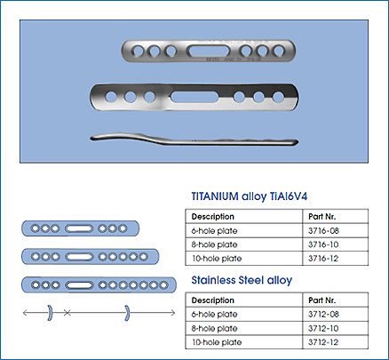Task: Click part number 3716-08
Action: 323,231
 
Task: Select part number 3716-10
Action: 323,244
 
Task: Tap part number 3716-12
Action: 323,259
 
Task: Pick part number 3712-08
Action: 323,315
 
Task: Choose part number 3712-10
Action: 323,329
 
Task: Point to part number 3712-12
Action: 323,342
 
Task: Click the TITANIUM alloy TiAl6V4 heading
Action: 250,196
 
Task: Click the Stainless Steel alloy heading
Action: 242,280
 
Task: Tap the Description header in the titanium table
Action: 212,217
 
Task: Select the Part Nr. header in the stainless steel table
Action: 322,300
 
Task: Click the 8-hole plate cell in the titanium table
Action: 214,244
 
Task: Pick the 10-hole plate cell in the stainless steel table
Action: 217,342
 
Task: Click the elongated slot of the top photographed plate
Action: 209,51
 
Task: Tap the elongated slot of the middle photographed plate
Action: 194,97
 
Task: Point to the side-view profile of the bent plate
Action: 194,140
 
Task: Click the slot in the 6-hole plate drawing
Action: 79,228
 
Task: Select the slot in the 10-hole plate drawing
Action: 79,285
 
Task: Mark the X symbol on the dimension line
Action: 67,312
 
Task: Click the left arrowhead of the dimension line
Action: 25,312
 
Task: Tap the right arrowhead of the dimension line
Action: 173,313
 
